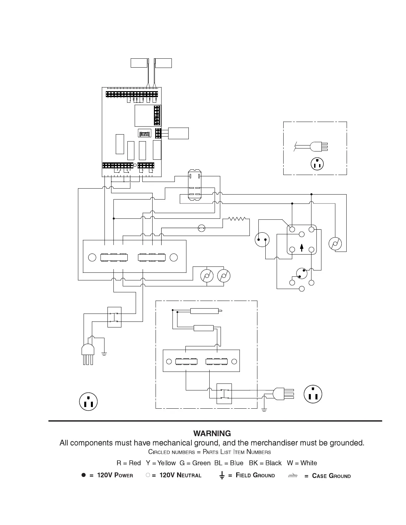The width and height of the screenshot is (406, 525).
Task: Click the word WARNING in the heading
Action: tap(212, 434)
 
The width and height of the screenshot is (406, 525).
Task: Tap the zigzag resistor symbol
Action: tap(237, 219)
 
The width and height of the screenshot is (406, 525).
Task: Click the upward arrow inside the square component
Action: tap(302, 248)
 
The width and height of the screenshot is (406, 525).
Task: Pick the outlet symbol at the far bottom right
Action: tap(313, 394)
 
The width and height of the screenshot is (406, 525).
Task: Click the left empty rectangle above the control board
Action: tap(139, 63)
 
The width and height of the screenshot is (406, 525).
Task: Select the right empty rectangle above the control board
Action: tap(164, 63)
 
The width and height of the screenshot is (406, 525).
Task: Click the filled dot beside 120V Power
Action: tap(84, 475)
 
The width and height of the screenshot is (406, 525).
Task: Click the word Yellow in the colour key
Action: tap(167, 463)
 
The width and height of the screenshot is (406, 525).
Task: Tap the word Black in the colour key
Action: tap(273, 463)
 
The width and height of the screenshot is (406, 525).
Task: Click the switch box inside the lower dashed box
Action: tap(224, 394)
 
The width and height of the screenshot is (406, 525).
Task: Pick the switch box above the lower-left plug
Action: tap(114, 317)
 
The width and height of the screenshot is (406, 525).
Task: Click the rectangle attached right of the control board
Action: tap(178, 133)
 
